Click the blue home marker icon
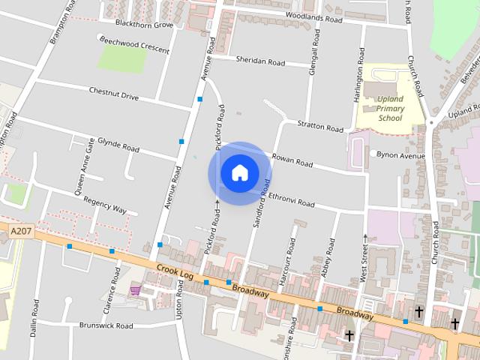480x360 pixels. [239, 172]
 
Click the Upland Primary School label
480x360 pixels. [390, 108]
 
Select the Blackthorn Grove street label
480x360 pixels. [140, 25]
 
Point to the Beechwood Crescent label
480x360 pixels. [134, 44]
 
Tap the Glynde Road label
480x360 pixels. [118, 144]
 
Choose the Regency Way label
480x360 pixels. [105, 205]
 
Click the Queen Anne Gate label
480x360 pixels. [85, 166]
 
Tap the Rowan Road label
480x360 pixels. [292, 160]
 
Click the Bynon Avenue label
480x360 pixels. [401, 155]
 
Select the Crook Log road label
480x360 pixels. [175, 271]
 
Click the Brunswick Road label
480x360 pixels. [106, 326]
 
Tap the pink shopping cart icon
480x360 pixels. [135, 289]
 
